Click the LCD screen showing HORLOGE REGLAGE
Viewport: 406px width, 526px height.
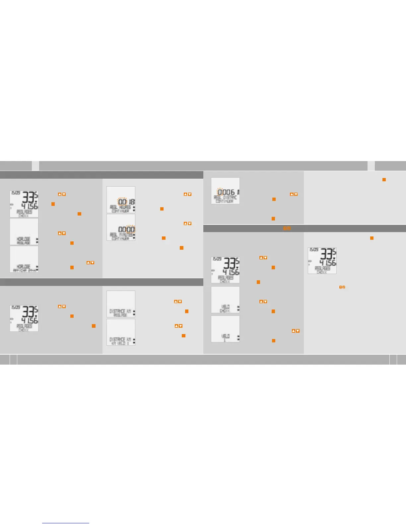coord(24,231)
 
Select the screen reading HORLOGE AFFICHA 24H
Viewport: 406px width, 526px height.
coord(24,259)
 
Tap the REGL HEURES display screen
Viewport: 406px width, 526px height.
coord(121,200)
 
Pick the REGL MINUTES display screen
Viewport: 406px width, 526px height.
coord(121,227)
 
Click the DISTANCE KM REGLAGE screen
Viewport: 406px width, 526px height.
coord(121,304)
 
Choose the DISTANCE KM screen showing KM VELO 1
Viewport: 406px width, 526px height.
coord(121,332)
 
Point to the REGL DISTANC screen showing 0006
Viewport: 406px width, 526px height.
coord(225,191)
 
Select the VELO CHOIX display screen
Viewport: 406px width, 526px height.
coord(225,300)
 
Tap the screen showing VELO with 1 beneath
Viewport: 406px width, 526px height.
coord(225,329)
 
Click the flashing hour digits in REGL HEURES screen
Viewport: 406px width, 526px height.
coord(122,202)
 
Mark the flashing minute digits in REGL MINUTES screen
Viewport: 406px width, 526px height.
coord(131,229)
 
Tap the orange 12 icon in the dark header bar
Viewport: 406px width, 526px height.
coord(287,228)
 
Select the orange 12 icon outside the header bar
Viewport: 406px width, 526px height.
coord(342,287)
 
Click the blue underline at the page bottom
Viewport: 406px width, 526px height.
coord(66,523)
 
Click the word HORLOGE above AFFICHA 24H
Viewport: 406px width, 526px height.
coord(24,267)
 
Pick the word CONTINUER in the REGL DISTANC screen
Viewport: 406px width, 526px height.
coord(225,201)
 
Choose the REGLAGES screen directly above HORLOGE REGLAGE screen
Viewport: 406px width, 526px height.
coord(24,204)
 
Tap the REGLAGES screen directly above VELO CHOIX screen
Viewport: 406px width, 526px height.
coord(225,270)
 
